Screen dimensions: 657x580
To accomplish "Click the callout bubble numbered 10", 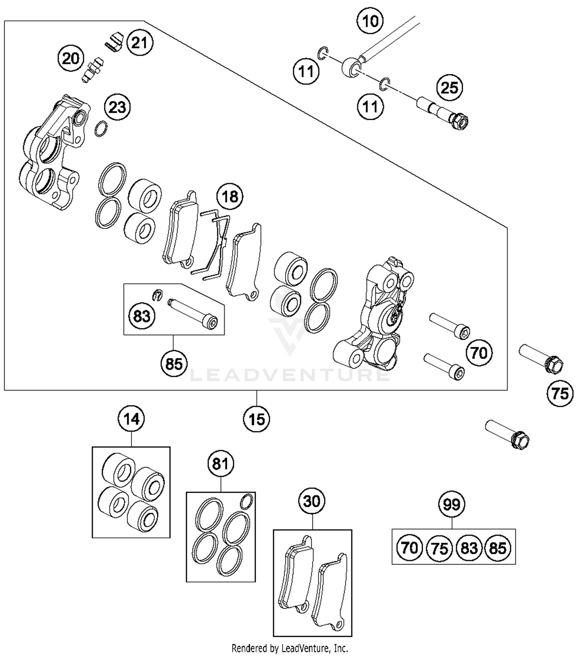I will coord(370,20).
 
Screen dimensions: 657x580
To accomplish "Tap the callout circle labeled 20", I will coord(71,59).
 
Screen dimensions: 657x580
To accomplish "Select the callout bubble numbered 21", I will coord(140,43).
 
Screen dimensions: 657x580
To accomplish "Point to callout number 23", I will coord(117,107).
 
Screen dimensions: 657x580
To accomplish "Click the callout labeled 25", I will coord(449,88).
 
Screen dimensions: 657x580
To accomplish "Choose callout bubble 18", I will coord(230,196).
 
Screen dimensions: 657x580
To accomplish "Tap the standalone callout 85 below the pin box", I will coord(174,363).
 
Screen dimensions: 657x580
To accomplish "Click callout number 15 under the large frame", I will coord(257,419).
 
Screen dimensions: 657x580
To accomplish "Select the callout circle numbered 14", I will coord(131,419).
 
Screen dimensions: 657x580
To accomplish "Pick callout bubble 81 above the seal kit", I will coord(221,463).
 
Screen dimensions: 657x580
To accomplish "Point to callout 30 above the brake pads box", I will coord(312,501).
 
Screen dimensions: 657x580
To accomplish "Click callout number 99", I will coord(452,504).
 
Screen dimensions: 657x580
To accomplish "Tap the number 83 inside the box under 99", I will coord(469,548).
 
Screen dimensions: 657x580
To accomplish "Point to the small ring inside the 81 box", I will coord(246,502).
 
